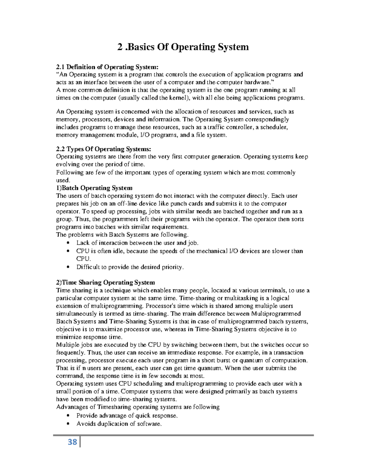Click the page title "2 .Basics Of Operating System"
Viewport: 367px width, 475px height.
coord(183,47)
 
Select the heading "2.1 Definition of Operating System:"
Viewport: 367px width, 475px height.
coord(107,67)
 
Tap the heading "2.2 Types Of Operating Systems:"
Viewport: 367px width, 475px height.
coord(103,149)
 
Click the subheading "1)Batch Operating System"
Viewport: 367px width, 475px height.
coord(94,188)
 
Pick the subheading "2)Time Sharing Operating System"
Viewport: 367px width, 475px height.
coord(106,282)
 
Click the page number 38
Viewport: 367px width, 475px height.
coord(72,442)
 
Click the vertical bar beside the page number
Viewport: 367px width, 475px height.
coord(80,442)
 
